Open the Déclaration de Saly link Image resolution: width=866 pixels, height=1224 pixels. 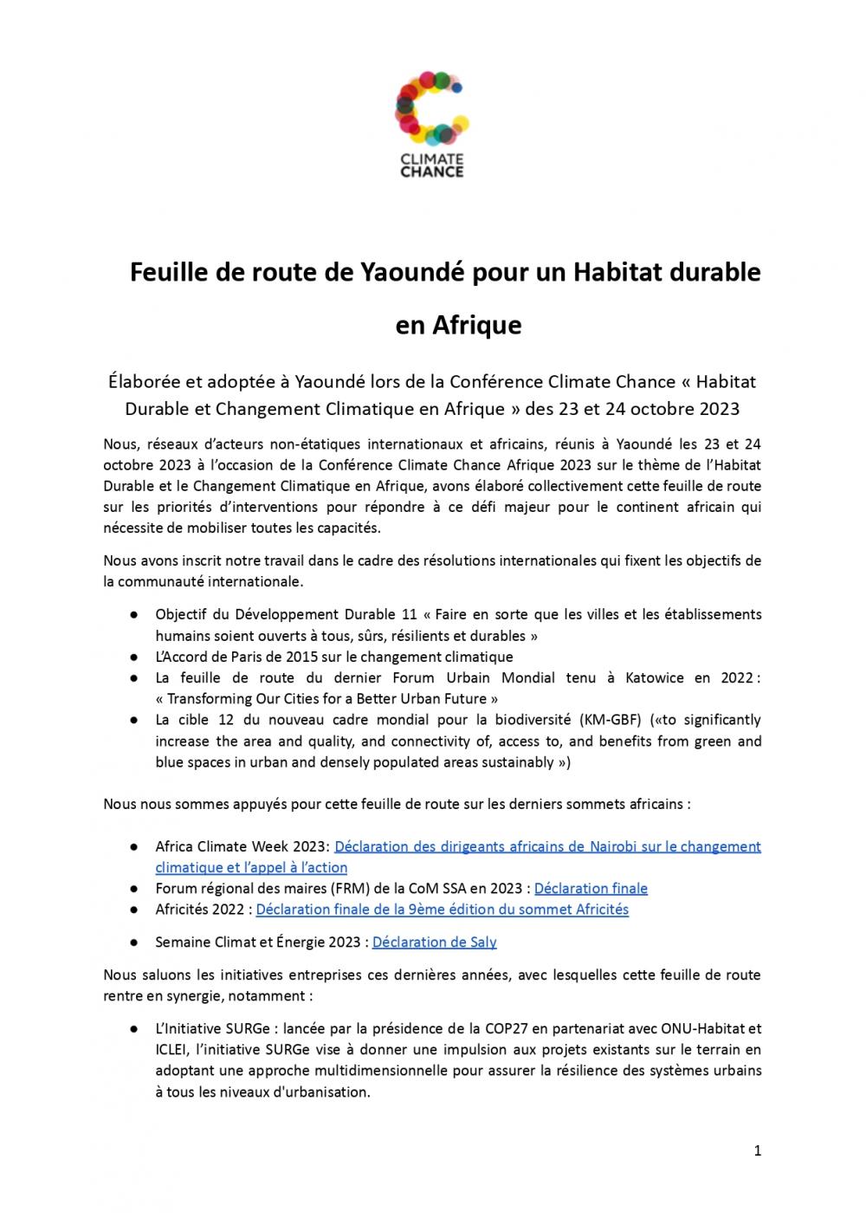pyautogui.click(x=434, y=942)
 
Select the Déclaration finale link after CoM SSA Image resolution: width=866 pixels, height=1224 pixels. pyautogui.click(x=591, y=888)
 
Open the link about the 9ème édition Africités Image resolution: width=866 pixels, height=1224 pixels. pyautogui.click(x=442, y=910)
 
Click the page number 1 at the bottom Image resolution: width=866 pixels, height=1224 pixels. pyautogui.click(x=758, y=1151)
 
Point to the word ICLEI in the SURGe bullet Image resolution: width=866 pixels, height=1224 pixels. pyautogui.click(x=173, y=1050)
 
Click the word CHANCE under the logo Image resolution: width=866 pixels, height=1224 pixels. pyautogui.click(x=431, y=172)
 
